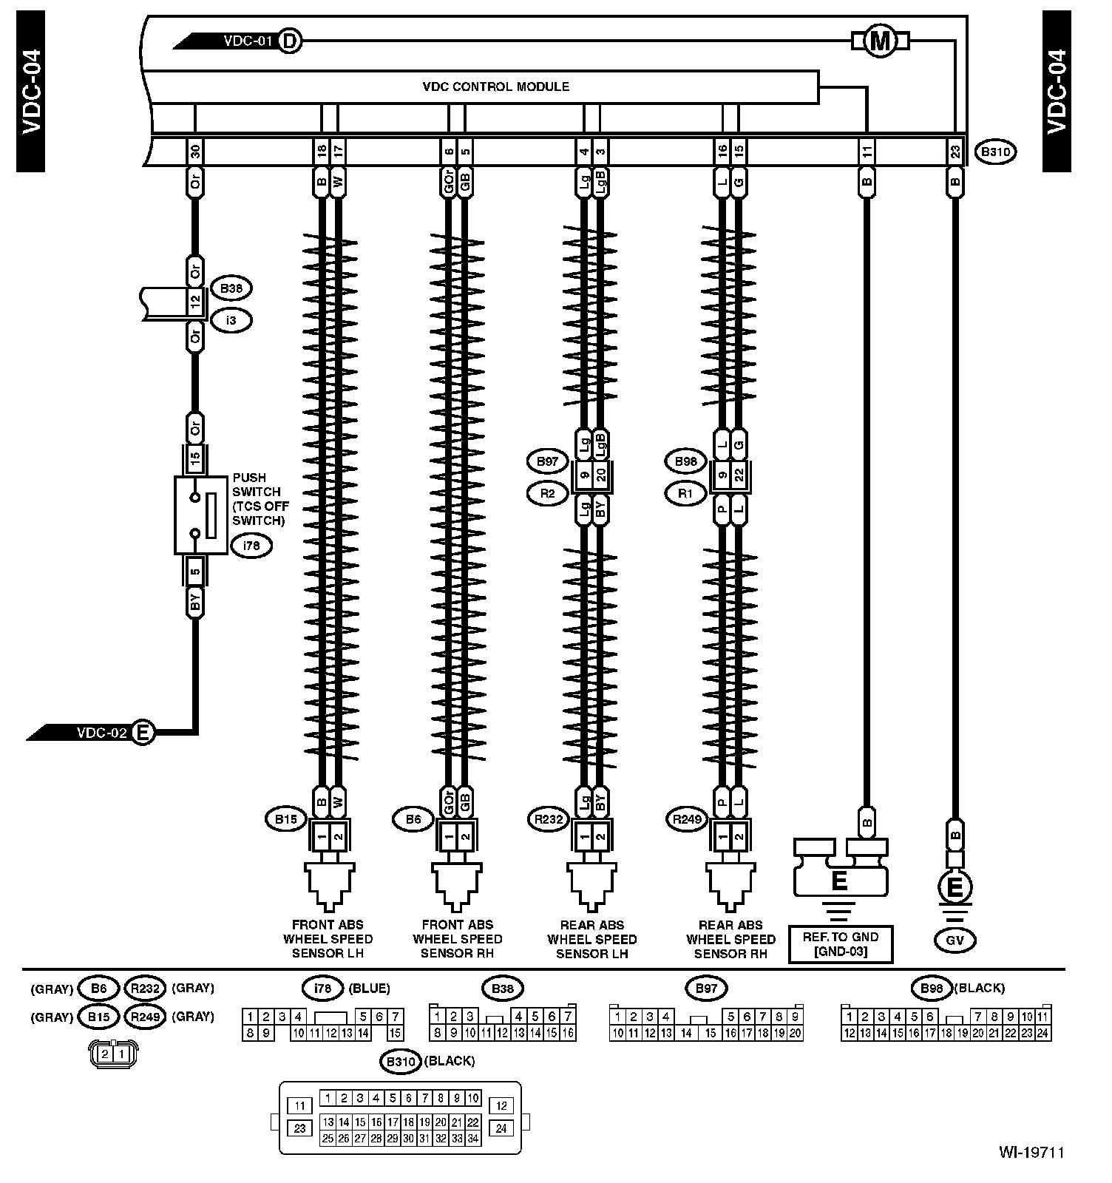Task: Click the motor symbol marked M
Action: tap(880, 41)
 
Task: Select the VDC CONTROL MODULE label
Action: tap(495, 87)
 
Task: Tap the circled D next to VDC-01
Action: tap(291, 41)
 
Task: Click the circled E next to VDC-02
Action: tap(143, 733)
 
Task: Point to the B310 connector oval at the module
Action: tap(996, 152)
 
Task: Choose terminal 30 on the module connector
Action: tap(195, 152)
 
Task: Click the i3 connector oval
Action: tap(231, 320)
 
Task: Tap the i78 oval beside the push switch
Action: tap(251, 546)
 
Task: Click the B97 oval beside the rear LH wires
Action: tap(547, 461)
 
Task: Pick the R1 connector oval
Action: tap(686, 492)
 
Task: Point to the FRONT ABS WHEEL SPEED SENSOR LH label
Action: tap(328, 939)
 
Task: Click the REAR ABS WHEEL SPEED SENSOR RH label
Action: tap(730, 939)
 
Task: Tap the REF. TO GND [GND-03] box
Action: tap(841, 944)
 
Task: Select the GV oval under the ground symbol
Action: tap(955, 940)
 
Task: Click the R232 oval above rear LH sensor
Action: tap(549, 818)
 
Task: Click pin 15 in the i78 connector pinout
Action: tap(396, 1033)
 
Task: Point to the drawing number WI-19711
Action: tap(1031, 1152)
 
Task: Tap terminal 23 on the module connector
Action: tap(955, 152)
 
